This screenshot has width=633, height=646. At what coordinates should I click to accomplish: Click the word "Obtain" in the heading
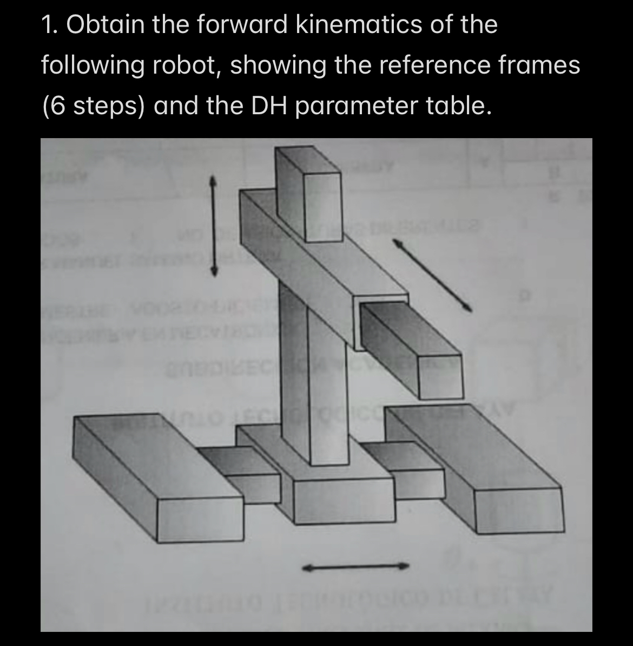105,25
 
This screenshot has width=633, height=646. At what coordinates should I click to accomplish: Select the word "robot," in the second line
186,66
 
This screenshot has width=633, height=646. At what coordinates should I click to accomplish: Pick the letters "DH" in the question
269,106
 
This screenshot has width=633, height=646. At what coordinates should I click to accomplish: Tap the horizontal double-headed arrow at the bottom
355,567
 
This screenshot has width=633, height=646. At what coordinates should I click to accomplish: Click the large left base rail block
157,477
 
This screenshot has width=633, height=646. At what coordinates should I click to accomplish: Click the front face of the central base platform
344,501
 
